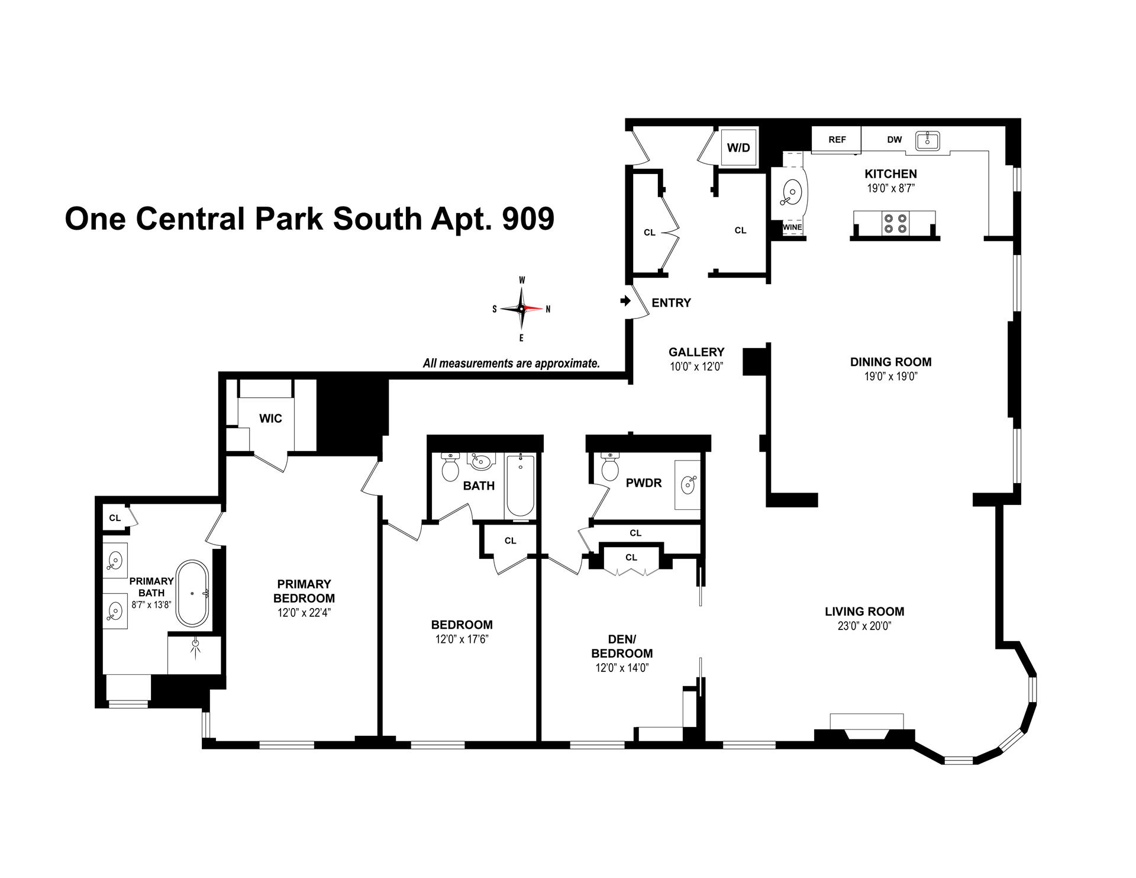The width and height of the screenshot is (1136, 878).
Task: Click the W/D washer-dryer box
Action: tap(738, 147)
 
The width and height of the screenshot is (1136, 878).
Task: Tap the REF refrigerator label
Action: tap(837, 140)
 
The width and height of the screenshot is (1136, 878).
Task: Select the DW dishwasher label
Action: tap(894, 140)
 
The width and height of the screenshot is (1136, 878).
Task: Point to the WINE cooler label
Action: tap(792, 227)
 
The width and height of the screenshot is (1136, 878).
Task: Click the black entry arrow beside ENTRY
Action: tap(625, 301)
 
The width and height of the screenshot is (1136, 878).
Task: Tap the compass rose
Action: tap(521, 308)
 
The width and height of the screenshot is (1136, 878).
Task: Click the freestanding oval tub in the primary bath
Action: tap(192, 593)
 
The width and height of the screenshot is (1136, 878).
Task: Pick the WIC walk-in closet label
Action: tap(270, 419)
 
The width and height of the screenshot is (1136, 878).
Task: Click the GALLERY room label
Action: tap(696, 352)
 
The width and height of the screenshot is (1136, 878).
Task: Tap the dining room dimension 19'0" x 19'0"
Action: tap(890, 377)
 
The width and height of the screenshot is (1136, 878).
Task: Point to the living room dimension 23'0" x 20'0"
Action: tap(864, 626)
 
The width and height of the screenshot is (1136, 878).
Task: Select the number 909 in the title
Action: tap(528, 218)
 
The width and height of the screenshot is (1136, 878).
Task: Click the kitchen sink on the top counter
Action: tap(927, 140)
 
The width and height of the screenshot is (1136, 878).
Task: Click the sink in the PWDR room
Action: tap(688, 485)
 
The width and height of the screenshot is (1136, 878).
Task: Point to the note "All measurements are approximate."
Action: tap(511, 364)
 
